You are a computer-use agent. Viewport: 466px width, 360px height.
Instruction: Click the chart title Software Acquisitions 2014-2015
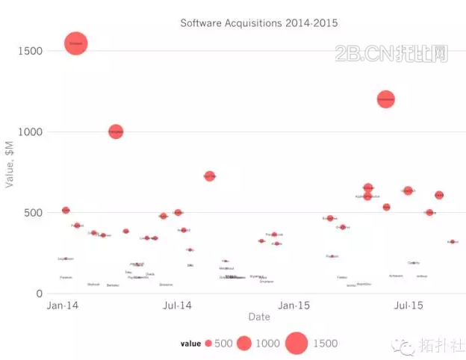click(258, 23)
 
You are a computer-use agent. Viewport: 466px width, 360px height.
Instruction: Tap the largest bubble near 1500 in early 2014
click(75, 44)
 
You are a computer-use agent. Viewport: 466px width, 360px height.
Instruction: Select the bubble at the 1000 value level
click(116, 131)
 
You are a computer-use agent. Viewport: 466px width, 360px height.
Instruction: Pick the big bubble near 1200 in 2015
click(385, 99)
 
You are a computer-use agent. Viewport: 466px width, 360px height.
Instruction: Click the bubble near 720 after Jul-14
click(210, 176)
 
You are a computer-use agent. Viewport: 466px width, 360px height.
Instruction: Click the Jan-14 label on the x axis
click(63, 306)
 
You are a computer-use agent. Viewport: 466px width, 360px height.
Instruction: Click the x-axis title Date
click(259, 317)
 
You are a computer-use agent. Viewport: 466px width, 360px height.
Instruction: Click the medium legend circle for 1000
click(243, 344)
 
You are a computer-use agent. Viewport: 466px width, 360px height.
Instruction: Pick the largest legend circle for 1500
click(296, 344)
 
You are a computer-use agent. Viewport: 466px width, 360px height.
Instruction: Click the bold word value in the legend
click(190, 344)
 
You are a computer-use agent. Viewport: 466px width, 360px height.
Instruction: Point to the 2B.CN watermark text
click(391, 54)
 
